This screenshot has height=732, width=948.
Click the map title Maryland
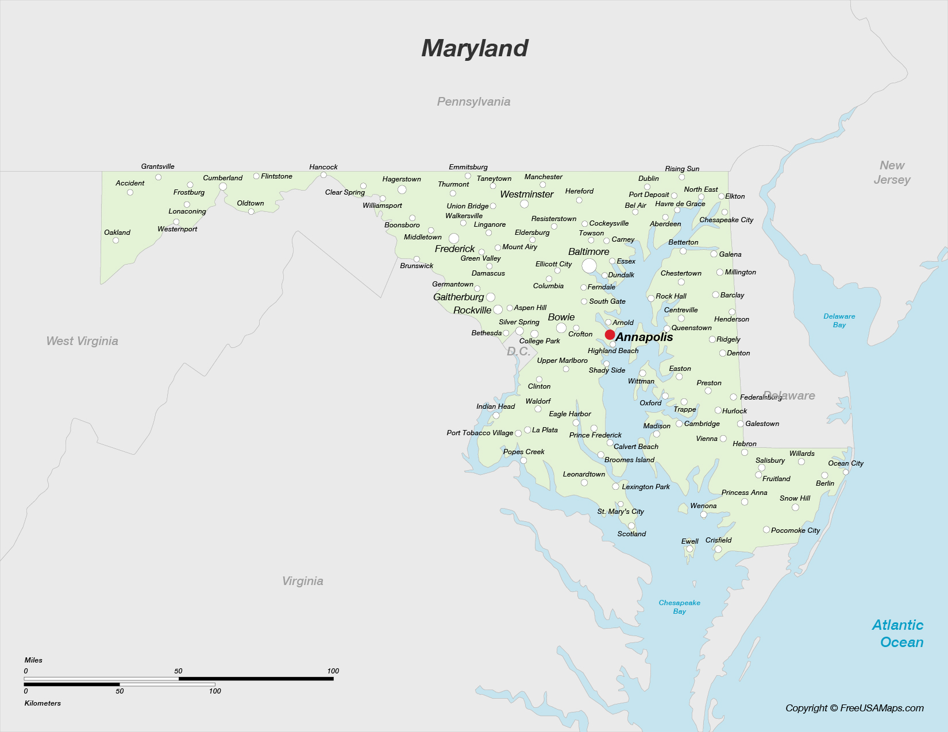point(475,48)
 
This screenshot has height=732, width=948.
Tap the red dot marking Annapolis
point(610,335)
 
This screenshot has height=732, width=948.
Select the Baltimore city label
point(588,251)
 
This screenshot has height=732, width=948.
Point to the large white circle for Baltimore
point(589,266)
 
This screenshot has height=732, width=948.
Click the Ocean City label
point(845,463)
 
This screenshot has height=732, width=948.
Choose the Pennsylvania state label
point(473,102)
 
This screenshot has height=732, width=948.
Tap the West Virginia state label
point(82,341)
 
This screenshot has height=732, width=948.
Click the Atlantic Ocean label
point(898,633)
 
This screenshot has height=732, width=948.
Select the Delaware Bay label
point(839,320)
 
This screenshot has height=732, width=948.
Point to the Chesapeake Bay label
point(679,607)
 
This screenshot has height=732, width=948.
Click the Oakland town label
point(117,233)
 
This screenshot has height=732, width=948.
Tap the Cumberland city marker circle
point(223,187)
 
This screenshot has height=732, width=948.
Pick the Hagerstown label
point(402,179)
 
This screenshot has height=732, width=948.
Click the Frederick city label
point(454,249)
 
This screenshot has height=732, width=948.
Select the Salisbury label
point(770,460)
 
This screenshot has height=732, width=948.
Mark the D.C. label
point(518,351)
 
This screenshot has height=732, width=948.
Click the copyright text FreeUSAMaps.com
point(854,708)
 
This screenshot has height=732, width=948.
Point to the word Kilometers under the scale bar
point(43,703)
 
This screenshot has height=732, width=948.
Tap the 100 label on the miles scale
point(333,671)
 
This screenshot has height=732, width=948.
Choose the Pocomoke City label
point(795,530)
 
